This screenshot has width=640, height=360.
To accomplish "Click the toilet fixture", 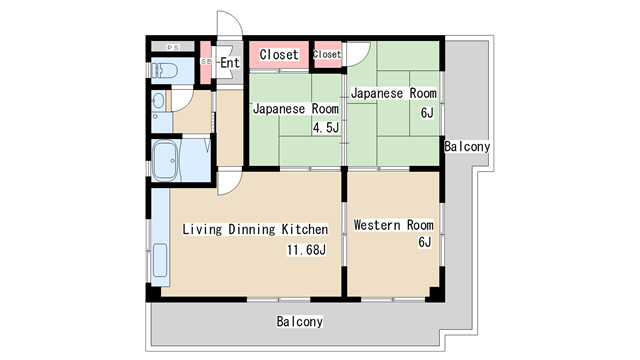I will click(x=165, y=71).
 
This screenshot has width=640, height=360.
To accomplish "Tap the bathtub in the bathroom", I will click(x=166, y=159).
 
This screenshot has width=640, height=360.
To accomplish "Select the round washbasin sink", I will click(x=158, y=101).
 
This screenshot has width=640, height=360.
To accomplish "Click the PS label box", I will click(x=172, y=47).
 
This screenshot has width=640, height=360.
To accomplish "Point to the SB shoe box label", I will click(x=206, y=62).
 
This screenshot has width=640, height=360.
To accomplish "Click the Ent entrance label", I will click(x=229, y=63).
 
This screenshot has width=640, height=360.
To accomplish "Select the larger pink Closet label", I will click(x=278, y=54).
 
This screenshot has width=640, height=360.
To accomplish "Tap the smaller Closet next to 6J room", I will click(x=327, y=54).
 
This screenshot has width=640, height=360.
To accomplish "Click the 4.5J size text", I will click(x=327, y=127).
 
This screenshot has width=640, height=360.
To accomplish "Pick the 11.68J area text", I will click(x=307, y=250).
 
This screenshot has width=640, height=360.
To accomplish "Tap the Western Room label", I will click(x=393, y=225).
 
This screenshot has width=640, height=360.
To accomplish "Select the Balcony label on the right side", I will click(x=467, y=146).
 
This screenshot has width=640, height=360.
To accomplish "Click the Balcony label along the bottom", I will click(x=299, y=321).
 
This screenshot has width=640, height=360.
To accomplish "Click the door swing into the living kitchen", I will click(x=229, y=180).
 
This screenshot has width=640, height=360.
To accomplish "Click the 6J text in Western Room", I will click(x=424, y=243).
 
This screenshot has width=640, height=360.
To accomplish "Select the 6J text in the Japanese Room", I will click(x=426, y=112).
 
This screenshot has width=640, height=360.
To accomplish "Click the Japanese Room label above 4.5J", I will click(x=295, y=108).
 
